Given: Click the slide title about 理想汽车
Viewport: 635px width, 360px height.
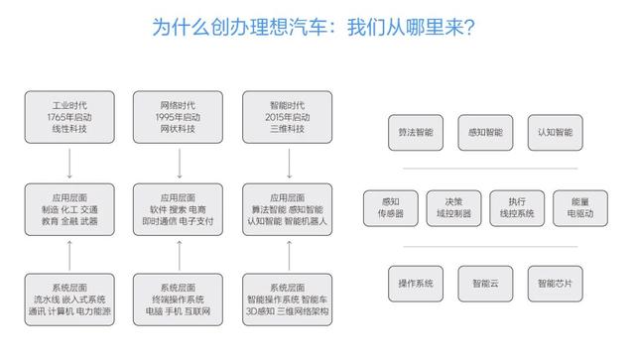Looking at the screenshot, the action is pyautogui.click(x=317, y=26).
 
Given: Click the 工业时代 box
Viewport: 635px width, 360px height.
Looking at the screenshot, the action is pyautogui.click(x=69, y=117).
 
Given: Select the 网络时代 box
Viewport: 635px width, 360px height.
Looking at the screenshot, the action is pyautogui.click(x=179, y=117).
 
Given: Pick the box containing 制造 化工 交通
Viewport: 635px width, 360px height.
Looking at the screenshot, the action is pyautogui.click(x=69, y=209).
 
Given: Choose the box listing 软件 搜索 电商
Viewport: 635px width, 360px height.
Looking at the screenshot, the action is pyautogui.click(x=179, y=209).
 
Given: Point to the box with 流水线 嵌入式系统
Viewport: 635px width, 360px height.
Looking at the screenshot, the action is pyautogui.click(x=69, y=299).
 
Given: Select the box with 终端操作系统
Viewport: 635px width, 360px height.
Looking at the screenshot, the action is pyautogui.click(x=179, y=299).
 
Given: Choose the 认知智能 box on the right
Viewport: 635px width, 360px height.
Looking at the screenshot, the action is pyautogui.click(x=555, y=131).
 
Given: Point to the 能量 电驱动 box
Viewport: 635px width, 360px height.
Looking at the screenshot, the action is pyautogui.click(x=585, y=207).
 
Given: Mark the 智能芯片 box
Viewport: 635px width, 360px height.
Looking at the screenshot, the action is pyautogui.click(x=555, y=284).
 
